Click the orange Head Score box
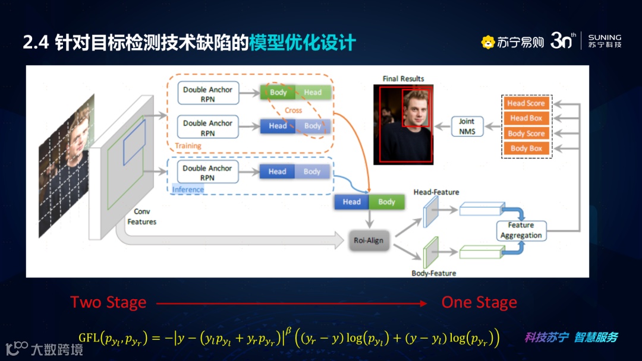[526, 103]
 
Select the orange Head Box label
[526, 118]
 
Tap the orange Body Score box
[526, 134]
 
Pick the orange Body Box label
[526, 148]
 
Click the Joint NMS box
[467, 126]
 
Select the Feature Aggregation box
[521, 230]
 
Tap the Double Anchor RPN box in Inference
[207, 172]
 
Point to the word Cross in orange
[293, 110]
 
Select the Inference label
[188, 189]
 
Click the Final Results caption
[403, 78]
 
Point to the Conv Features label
[141, 217]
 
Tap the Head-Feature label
[436, 192]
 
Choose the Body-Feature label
[434, 273]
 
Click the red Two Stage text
[108, 303]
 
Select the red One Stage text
[479, 303]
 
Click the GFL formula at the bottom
[289, 338]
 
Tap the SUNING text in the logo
[605, 37]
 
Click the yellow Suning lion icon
[488, 42]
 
